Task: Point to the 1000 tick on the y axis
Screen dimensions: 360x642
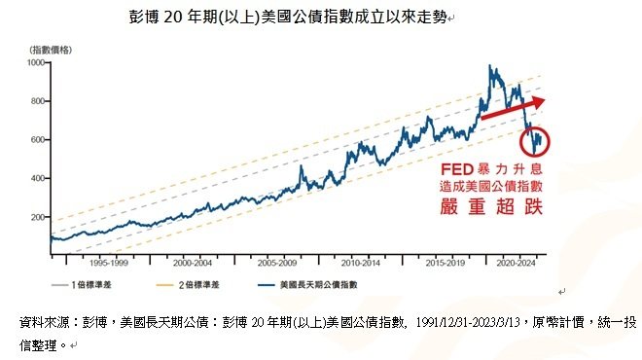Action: click(x=37, y=62)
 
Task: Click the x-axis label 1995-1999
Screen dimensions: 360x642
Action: click(x=109, y=263)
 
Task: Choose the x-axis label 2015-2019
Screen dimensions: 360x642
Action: click(x=446, y=263)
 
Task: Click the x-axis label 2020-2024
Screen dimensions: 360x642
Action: click(x=517, y=263)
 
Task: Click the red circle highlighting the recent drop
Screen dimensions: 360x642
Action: click(x=536, y=140)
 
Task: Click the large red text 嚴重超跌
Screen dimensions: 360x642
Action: click(x=494, y=205)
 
